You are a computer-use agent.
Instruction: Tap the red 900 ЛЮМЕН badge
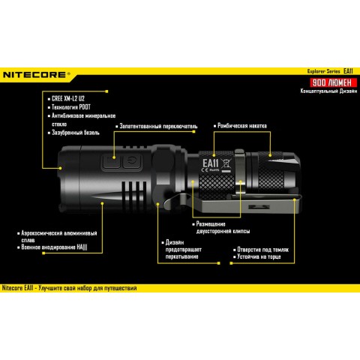[329, 81]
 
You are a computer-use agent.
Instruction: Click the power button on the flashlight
[131, 161]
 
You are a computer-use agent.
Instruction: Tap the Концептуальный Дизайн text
[322, 90]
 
